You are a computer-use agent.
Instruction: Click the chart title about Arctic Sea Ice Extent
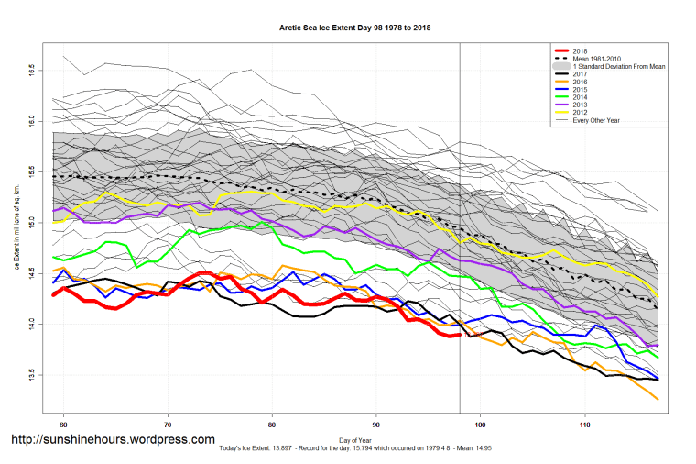pos(354,28)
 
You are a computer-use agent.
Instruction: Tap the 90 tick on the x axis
pos(376,425)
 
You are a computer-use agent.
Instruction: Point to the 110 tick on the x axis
pos(584,425)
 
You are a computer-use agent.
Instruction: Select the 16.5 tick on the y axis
pos(31,69)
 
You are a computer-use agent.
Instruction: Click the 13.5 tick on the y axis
pos(31,375)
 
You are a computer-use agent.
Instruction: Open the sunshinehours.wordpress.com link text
pos(113,440)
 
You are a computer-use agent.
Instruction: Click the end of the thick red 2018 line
pos(458,335)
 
